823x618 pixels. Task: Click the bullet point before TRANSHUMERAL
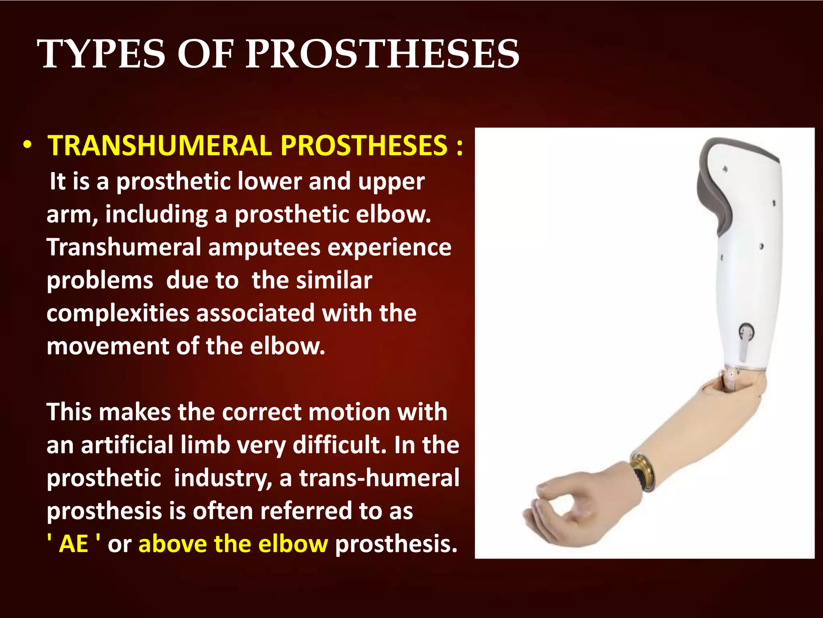[27, 145]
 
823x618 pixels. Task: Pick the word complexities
[118, 313]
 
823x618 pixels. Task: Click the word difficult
[339, 445]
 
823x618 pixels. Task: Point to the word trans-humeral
[379, 478]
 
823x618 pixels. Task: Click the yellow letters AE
[74, 544]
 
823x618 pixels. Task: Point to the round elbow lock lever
[746, 332]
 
